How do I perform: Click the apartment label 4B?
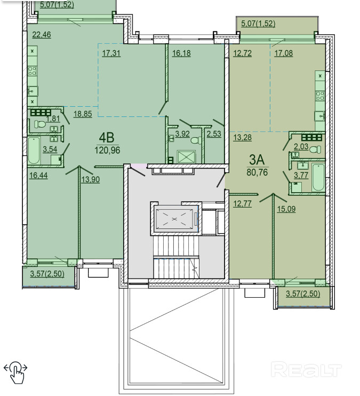(x=107, y=138)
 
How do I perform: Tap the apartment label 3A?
(x=257, y=160)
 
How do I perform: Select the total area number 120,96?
(x=107, y=151)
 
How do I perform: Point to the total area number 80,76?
(x=257, y=172)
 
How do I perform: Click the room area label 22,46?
(x=42, y=35)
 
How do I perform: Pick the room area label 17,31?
(x=111, y=53)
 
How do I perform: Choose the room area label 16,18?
(x=181, y=53)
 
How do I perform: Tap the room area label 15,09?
(x=286, y=209)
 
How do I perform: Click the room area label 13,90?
(x=91, y=179)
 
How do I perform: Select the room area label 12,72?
(x=242, y=53)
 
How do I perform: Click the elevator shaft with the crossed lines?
(x=174, y=219)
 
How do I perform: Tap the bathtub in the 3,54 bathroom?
(x=34, y=151)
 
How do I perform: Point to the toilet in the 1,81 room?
(x=40, y=124)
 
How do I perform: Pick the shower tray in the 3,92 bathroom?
(x=187, y=157)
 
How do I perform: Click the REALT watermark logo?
(x=306, y=369)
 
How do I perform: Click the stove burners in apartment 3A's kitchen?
(x=320, y=96)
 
